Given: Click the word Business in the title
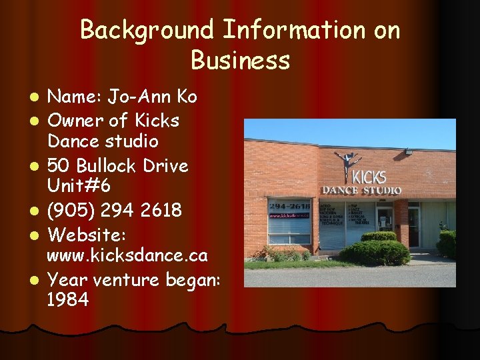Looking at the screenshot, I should click(x=240, y=60).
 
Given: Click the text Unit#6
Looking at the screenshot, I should click(x=79, y=186).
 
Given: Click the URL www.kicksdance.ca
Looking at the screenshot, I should click(x=136, y=255).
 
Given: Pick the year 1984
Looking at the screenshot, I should click(x=68, y=299).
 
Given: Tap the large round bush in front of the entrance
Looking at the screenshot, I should click(x=385, y=252).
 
